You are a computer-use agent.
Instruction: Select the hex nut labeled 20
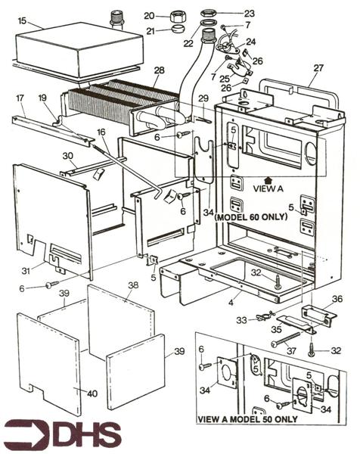coord(175,16)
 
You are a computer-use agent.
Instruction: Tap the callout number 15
coord(22,21)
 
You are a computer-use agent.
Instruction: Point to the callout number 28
coord(159,70)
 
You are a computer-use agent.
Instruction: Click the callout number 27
coord(318,68)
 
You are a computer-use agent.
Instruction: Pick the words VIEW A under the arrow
coord(268,188)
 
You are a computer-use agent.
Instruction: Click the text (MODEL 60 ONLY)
coord(251,217)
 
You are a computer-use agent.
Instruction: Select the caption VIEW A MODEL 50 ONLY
coord(247,419)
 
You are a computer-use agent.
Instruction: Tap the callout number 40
coord(92,393)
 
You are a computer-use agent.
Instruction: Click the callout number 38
coord(133,285)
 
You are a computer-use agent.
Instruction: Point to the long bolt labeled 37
coord(286,339)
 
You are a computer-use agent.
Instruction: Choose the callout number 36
coord(337,299)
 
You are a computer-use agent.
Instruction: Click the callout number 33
coord(242,320)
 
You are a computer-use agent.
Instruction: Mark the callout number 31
coord(26,271)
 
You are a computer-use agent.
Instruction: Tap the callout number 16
coord(101,132)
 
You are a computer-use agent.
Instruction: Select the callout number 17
coord(20,98)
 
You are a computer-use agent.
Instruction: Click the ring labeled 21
coord(176,29)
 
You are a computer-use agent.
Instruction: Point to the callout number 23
coord(249,14)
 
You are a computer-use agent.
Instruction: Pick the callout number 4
coord(231,303)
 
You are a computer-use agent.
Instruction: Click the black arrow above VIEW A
coord(268,180)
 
